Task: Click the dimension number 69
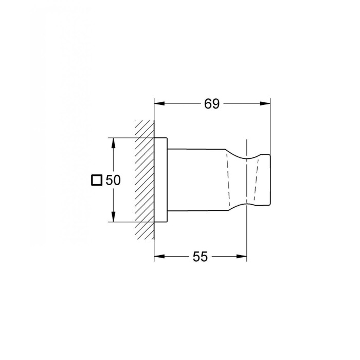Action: [x=212, y=104]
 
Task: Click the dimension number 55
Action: [x=200, y=257]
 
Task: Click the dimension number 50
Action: [x=113, y=180]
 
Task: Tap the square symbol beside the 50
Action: [x=97, y=180]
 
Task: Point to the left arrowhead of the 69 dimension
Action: [x=159, y=103]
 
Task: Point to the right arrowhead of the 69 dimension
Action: [x=265, y=103]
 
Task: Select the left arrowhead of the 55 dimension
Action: [x=159, y=256]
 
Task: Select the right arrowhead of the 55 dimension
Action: [x=241, y=256]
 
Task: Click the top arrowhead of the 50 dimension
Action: [x=113, y=143]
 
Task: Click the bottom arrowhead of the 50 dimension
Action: [x=113, y=217]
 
